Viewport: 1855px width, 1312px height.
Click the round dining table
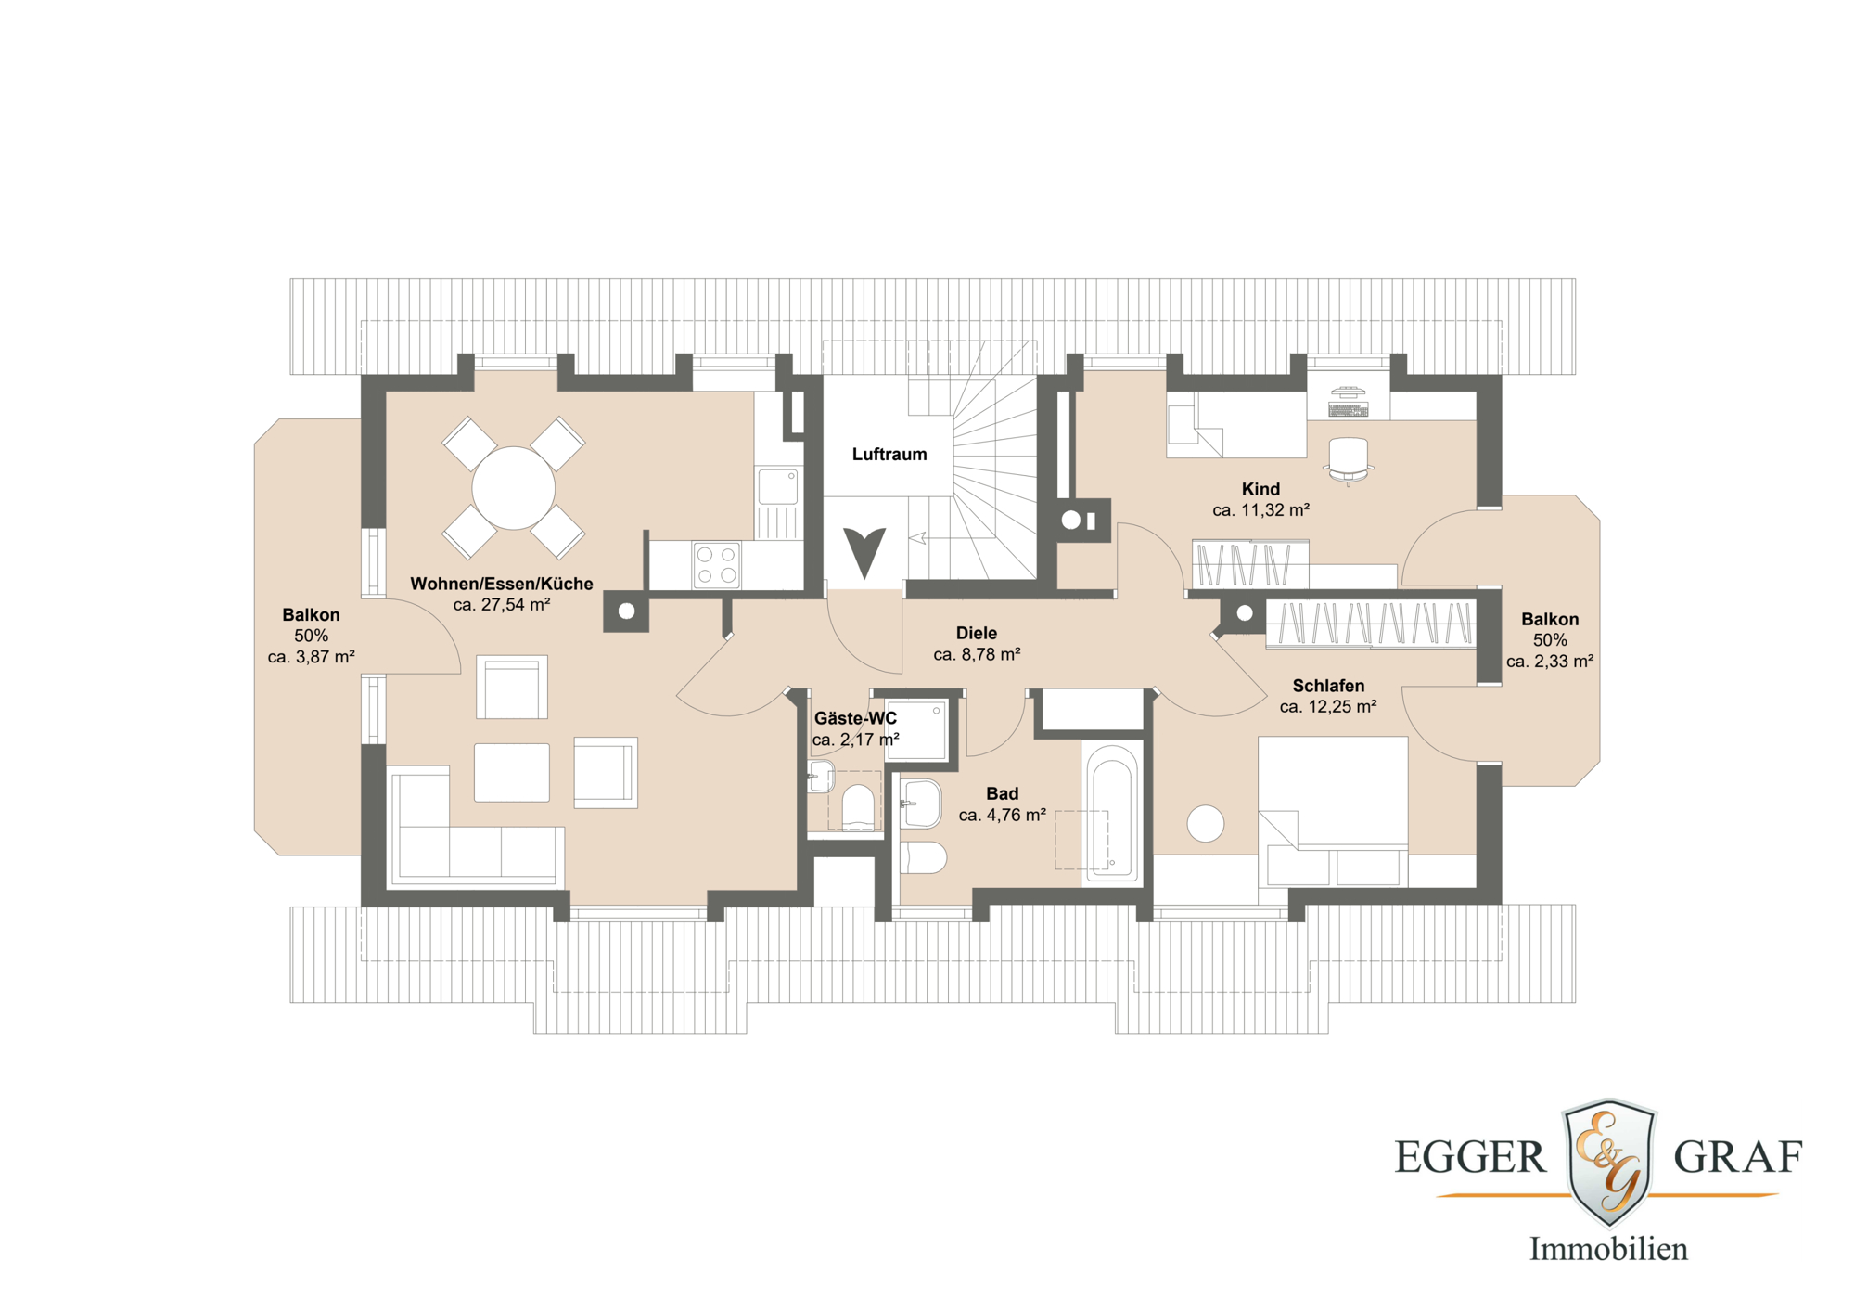click(513, 488)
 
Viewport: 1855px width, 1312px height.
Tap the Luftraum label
click(889, 454)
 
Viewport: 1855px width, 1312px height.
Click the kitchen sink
click(777, 486)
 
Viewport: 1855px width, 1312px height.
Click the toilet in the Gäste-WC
click(858, 805)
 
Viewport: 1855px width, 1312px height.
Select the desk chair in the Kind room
click(1348, 458)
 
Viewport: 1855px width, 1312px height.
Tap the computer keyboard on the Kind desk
click(1348, 409)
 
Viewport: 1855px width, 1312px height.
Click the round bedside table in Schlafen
click(1205, 823)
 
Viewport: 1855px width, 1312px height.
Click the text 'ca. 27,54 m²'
click(501, 605)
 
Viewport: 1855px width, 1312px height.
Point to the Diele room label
click(976, 633)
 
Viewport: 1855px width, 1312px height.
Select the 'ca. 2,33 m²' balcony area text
click(1549, 662)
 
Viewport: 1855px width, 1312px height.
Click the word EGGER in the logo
click(1470, 1158)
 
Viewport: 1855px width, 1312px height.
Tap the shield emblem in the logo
click(1609, 1160)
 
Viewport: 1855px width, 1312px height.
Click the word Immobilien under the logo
click(1608, 1249)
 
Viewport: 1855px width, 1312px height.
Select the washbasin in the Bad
click(920, 804)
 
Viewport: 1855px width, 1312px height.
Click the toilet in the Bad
click(923, 858)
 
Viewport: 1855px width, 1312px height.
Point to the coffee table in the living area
click(512, 772)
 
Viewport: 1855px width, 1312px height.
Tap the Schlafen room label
click(1328, 686)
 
